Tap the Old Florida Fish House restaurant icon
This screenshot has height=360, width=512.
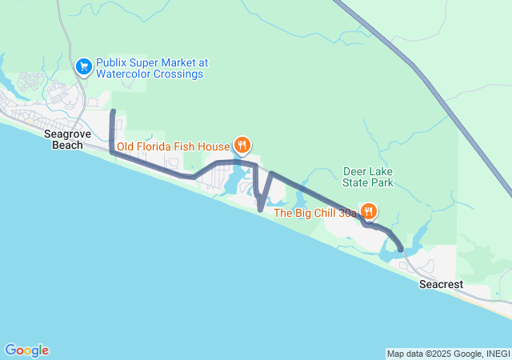click(242, 145)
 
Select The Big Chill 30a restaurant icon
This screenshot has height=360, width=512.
click(368, 212)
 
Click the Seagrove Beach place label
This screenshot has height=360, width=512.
click(66, 140)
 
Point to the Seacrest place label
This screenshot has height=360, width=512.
click(441, 285)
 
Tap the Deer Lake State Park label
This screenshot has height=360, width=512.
click(368, 177)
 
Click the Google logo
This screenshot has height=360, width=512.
click(26, 350)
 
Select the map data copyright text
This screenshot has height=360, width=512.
click(447, 354)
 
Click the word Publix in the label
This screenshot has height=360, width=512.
click(111, 62)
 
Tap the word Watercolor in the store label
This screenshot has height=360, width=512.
click(122, 74)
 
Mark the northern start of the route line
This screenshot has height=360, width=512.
click(113, 111)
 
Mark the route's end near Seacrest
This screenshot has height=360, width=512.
click(401, 250)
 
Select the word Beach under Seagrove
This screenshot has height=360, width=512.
click(66, 146)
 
